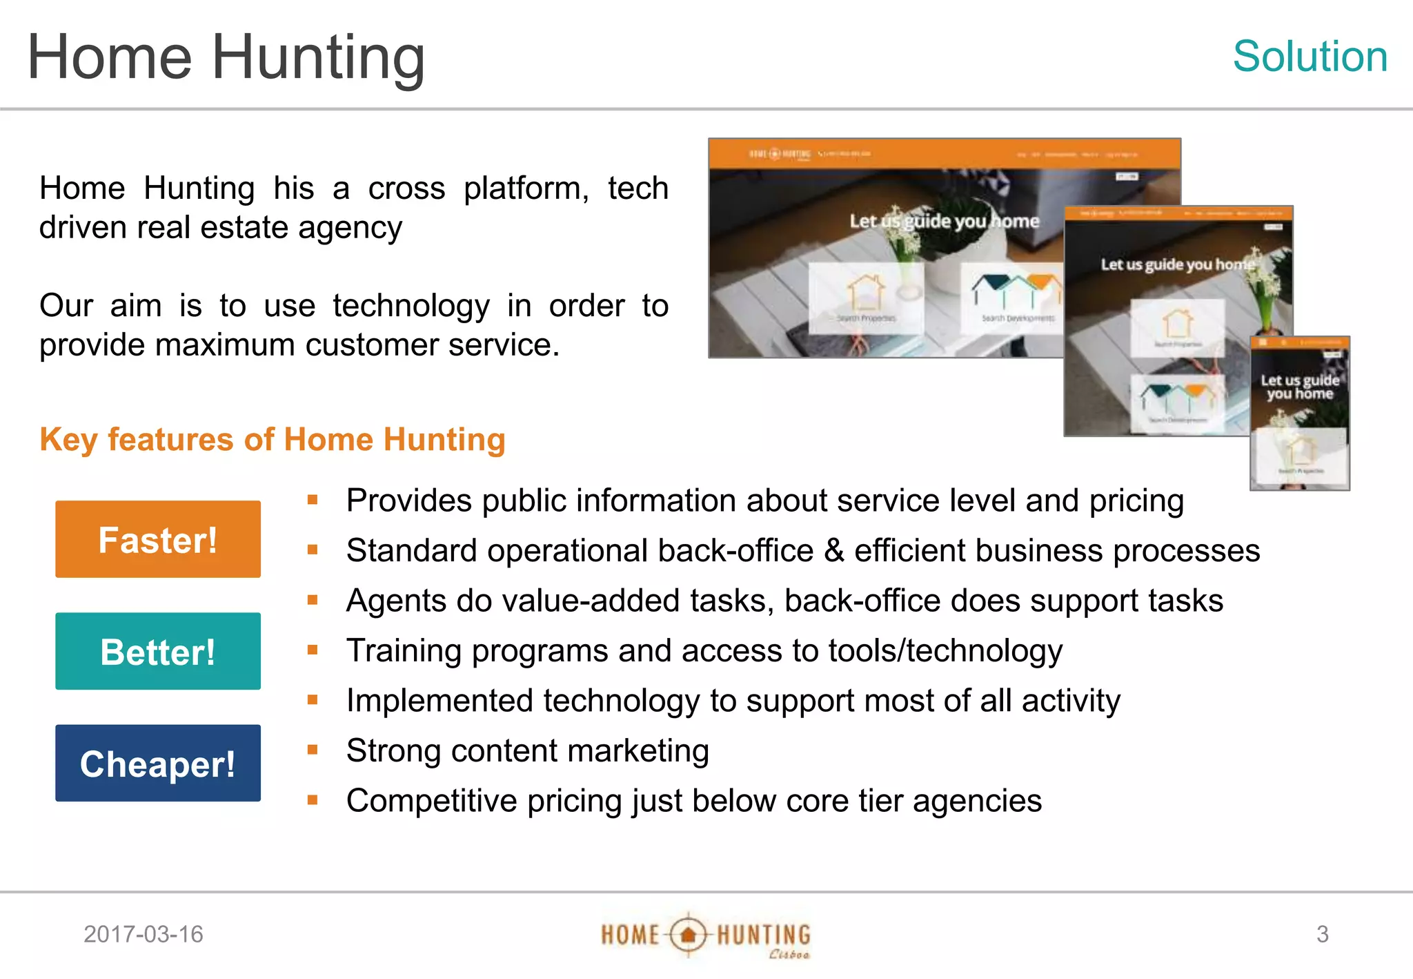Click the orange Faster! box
[x=158, y=539]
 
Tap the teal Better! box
[x=158, y=651]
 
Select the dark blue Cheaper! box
[x=158, y=763]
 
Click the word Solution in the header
[x=1310, y=56]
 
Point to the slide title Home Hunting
[x=226, y=57]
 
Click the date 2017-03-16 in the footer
[x=144, y=934]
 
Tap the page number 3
[x=1322, y=934]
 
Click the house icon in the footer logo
[x=688, y=936]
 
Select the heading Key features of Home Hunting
[x=273, y=440]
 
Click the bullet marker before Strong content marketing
[x=313, y=750]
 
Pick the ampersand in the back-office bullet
[x=834, y=551]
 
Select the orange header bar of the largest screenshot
[x=944, y=154]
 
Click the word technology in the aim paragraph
[x=411, y=306]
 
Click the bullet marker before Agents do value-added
[x=313, y=600]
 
